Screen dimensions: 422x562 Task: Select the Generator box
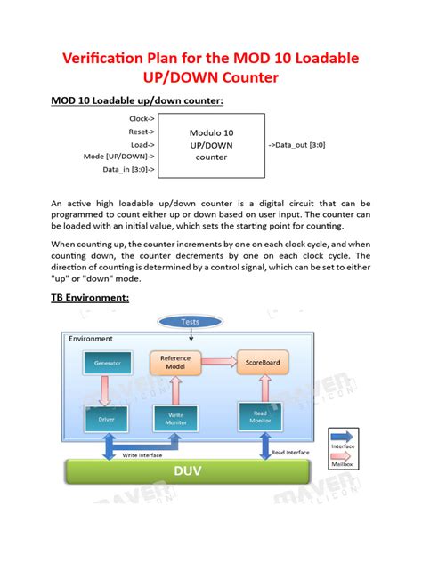(x=108, y=363)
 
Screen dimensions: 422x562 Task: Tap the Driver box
(x=107, y=416)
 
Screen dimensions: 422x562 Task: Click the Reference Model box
(x=175, y=363)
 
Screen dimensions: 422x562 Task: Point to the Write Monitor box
(x=175, y=415)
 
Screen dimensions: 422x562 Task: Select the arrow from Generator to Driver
(x=108, y=389)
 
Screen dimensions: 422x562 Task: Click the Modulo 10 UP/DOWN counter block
(x=211, y=144)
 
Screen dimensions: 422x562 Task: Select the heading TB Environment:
(x=90, y=298)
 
